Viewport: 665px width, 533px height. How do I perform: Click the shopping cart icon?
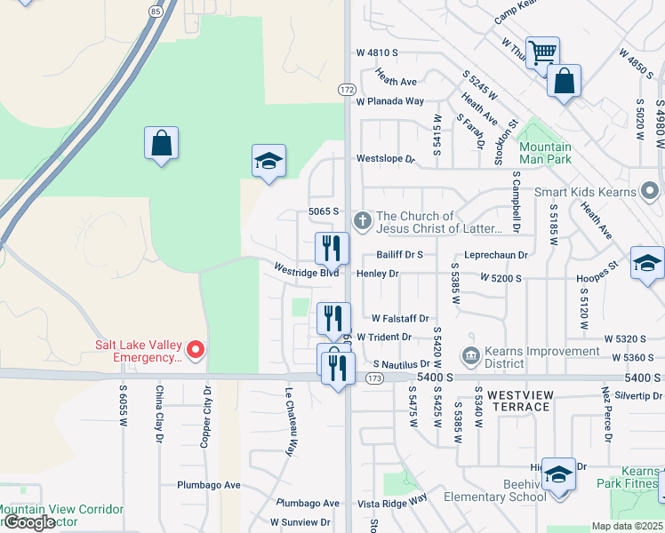click(x=542, y=52)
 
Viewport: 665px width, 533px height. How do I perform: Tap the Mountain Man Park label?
click(x=545, y=153)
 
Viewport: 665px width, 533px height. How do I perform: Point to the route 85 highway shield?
click(x=156, y=11)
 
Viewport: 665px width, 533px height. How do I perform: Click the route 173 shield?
click(x=373, y=378)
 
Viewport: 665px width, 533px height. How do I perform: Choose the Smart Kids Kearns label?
click(x=586, y=192)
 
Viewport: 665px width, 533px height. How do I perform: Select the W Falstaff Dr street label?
click(x=400, y=318)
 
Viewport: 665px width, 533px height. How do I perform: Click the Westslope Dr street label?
click(x=386, y=159)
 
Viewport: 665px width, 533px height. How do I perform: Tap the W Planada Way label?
click(x=390, y=101)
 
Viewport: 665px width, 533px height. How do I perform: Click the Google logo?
click(x=29, y=522)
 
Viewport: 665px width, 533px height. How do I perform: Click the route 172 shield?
click(x=347, y=90)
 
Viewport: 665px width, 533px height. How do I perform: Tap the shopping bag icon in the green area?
click(x=161, y=142)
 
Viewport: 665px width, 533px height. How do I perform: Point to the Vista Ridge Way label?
click(x=392, y=503)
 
